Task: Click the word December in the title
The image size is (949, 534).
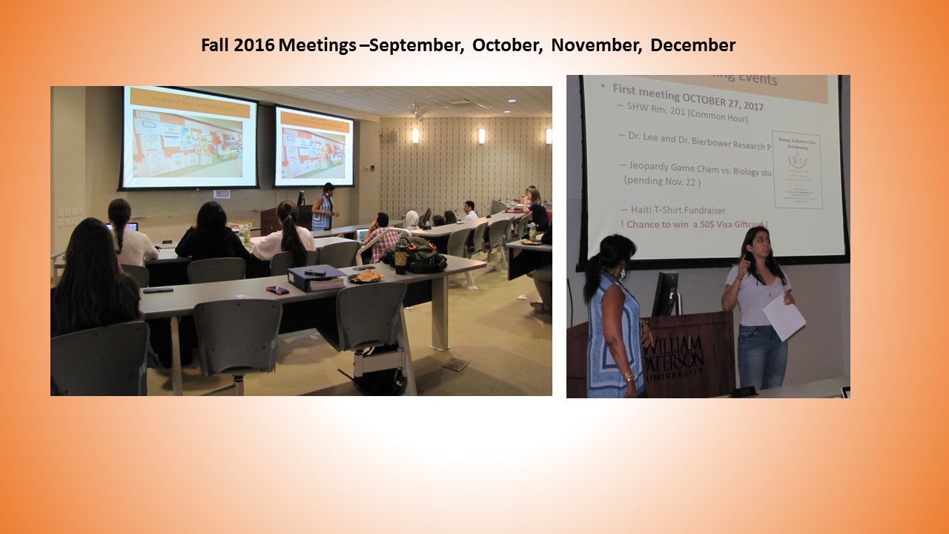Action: point(692,45)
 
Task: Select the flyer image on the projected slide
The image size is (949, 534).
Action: point(796,170)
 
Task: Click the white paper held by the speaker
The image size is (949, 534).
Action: point(784,317)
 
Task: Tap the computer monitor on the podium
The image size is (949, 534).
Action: point(665,293)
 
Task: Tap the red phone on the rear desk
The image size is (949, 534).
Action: point(277,290)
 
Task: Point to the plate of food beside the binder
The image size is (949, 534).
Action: point(366,275)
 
